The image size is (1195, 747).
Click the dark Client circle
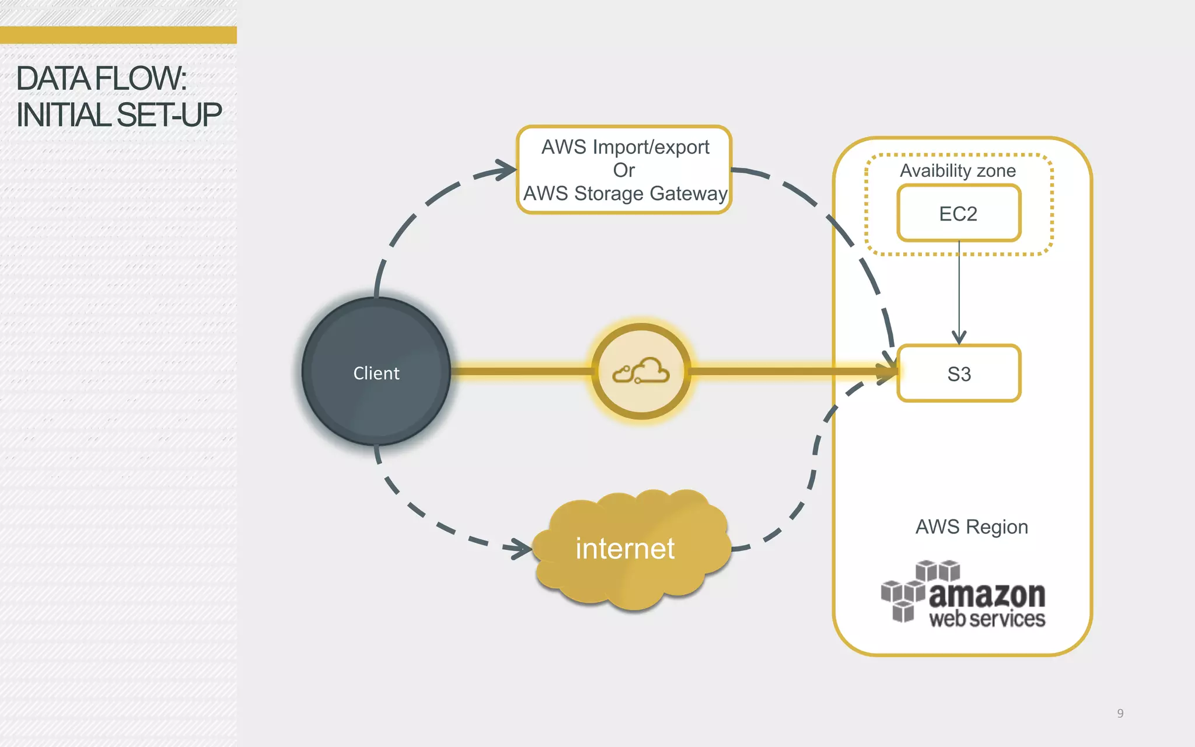376,372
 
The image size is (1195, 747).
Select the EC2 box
958,214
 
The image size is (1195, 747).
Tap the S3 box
959,373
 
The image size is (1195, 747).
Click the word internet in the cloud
625,549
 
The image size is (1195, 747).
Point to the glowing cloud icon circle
641,372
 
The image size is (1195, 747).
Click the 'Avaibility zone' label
958,170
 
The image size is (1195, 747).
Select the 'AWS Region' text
972,526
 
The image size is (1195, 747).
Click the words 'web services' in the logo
987,619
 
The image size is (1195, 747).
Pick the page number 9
1120,713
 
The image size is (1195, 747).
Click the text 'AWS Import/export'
625,147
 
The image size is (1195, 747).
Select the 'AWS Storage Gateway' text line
625,193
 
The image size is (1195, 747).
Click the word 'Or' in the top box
624,170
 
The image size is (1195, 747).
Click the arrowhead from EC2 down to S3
959,338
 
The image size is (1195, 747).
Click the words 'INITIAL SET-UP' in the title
119,115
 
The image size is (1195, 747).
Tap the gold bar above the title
118,35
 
